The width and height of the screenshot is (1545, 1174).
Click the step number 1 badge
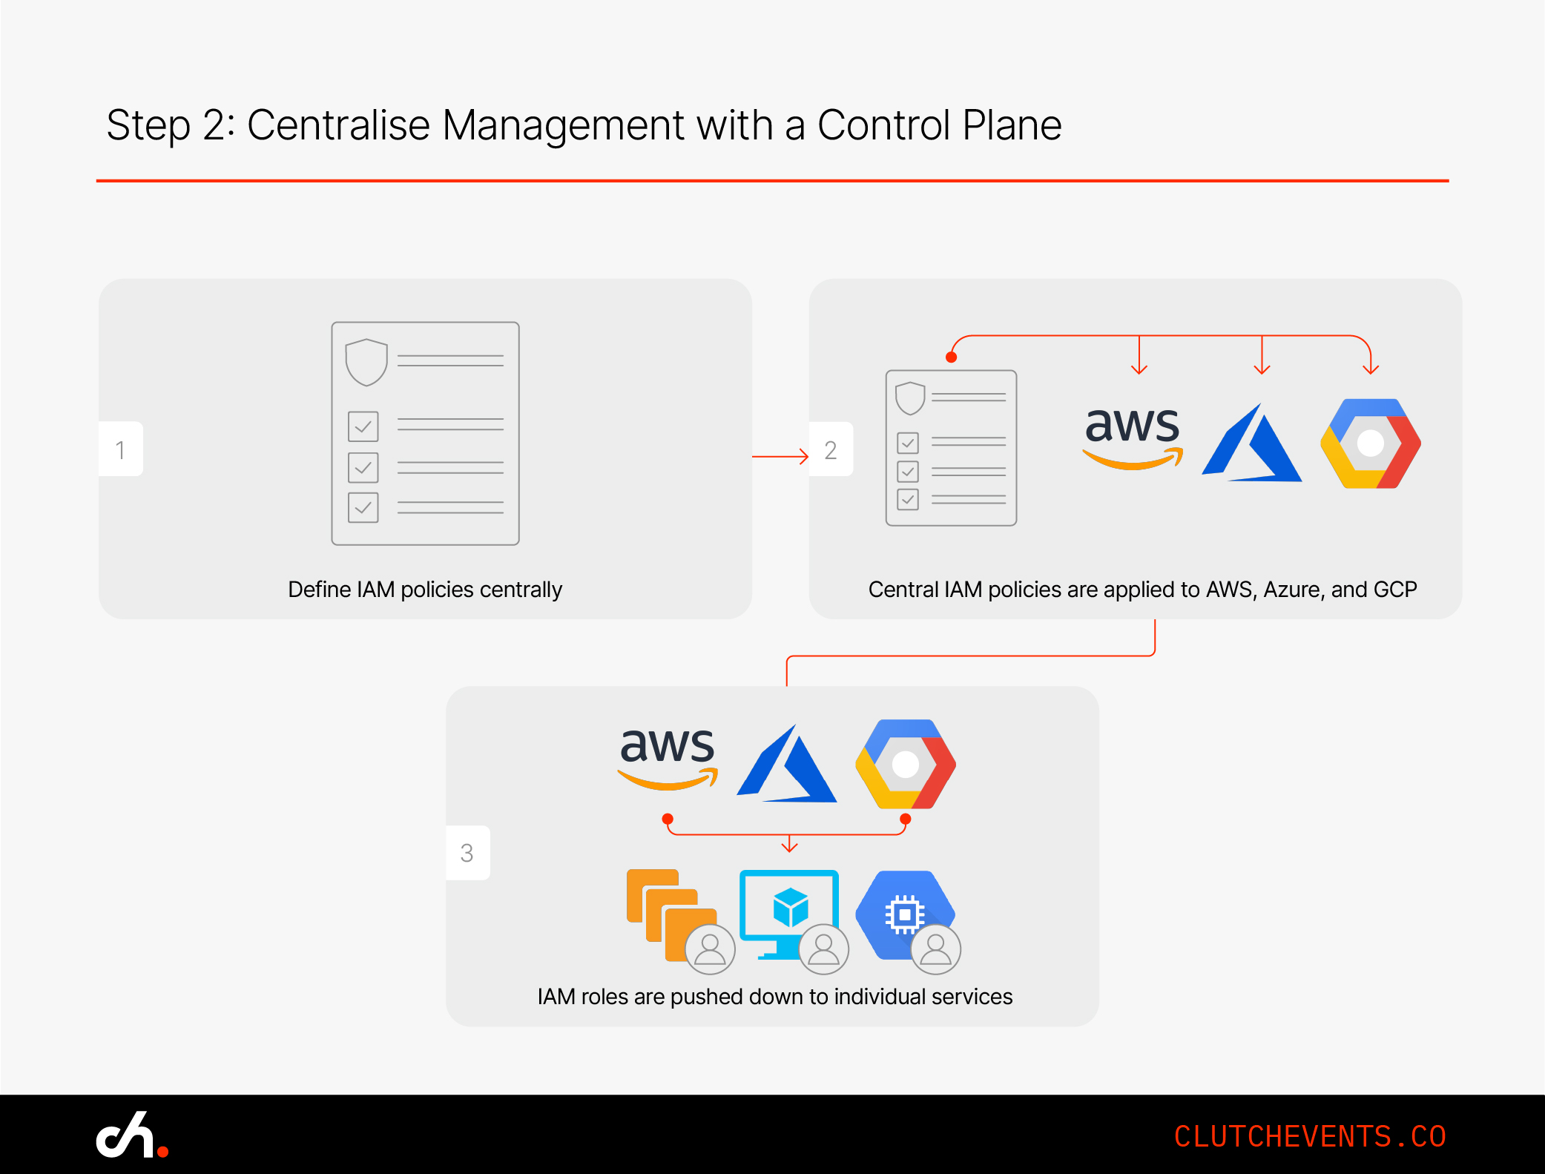tap(120, 449)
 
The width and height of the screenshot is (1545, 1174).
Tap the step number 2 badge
tap(831, 449)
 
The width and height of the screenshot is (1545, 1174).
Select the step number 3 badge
tap(467, 853)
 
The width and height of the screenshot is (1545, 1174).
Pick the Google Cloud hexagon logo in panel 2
tap(1371, 443)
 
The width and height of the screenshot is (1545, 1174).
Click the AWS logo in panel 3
tap(668, 756)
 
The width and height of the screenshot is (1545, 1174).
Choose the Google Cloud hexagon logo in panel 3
tap(906, 764)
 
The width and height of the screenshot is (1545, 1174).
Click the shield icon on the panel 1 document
tap(366, 362)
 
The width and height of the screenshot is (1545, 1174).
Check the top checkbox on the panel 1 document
tap(363, 426)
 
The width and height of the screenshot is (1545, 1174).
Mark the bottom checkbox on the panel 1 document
tap(363, 508)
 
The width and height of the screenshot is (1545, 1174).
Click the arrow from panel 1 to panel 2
tap(780, 456)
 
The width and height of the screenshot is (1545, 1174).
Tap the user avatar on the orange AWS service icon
tap(710, 949)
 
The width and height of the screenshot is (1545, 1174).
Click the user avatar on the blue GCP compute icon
tap(936, 949)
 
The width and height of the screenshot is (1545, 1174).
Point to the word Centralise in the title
tap(338, 125)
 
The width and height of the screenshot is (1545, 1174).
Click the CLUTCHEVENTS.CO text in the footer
tap(1310, 1136)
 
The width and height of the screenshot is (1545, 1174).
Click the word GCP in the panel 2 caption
tap(1395, 590)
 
